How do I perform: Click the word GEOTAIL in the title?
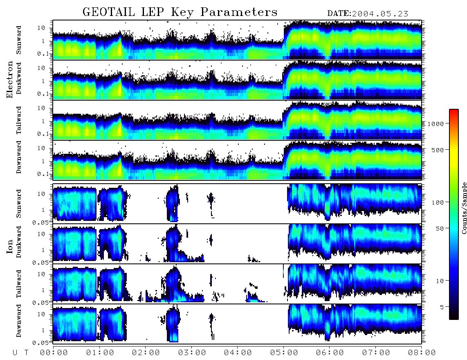click(x=108, y=12)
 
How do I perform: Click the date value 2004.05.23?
click(x=380, y=13)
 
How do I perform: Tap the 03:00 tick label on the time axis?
click(x=192, y=353)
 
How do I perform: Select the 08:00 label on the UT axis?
click(x=422, y=353)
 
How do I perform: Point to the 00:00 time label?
click(x=54, y=353)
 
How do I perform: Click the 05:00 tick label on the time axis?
click(x=284, y=353)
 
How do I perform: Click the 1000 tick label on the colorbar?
click(x=436, y=124)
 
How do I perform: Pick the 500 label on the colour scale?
click(x=438, y=150)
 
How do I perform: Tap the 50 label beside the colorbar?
click(x=440, y=229)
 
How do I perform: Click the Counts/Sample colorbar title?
click(x=464, y=208)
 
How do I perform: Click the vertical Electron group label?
click(x=9, y=79)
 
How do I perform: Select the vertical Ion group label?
click(x=9, y=247)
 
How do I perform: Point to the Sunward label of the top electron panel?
click(x=18, y=40)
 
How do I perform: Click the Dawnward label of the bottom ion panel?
click(x=18, y=321)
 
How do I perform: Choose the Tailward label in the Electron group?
click(x=18, y=120)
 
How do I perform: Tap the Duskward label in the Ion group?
click(x=18, y=242)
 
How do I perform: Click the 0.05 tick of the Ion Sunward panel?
click(x=40, y=223)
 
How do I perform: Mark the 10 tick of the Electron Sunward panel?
click(x=41, y=28)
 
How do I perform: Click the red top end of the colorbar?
click(x=454, y=110)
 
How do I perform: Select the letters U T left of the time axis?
click(x=20, y=353)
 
